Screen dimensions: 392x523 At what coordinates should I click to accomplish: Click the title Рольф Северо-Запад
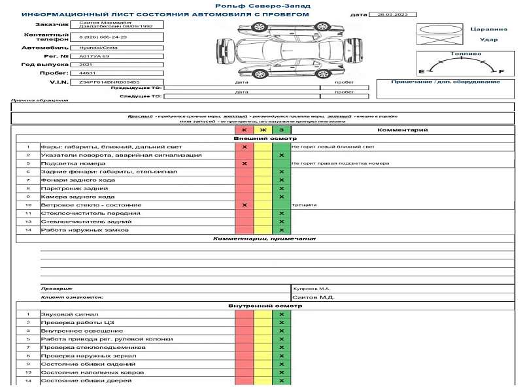click(261, 5)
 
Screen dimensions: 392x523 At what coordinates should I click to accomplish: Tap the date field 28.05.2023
click(389, 14)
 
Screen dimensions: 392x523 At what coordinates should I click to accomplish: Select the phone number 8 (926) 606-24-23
click(103, 37)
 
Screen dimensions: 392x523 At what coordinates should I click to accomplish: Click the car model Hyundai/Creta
click(94, 48)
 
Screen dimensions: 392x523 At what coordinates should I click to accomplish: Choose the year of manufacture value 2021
click(85, 65)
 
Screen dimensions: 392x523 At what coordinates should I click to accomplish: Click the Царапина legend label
click(488, 29)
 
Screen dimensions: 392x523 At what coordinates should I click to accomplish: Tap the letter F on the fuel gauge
click(501, 71)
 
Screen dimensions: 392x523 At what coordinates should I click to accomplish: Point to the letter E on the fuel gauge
click(421, 71)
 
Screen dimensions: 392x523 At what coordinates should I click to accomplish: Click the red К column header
click(244, 131)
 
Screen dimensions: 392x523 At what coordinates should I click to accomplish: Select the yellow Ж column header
click(263, 131)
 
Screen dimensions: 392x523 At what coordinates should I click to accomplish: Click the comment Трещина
click(304, 205)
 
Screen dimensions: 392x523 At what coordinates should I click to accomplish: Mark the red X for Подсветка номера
click(244, 164)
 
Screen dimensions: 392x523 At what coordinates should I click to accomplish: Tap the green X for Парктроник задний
click(281, 189)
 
